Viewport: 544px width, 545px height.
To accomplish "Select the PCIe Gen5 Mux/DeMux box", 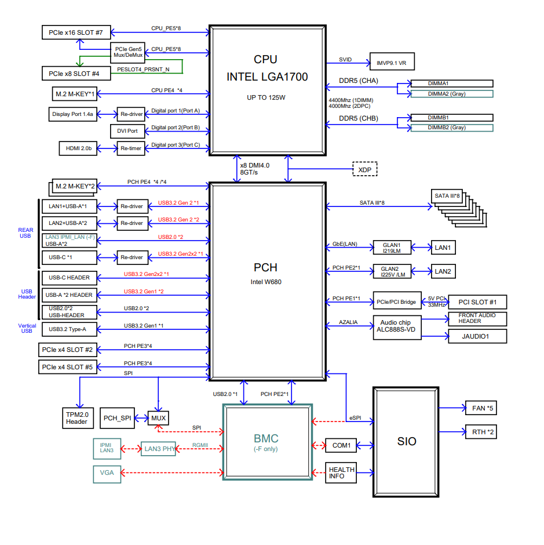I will pos(127,52).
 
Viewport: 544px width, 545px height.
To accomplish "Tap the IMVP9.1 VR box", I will pos(392,61).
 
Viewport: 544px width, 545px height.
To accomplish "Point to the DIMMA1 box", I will pos(451,84).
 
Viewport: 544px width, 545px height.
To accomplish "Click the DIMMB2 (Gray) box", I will pos(451,128).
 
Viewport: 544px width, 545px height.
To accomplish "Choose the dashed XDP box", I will pos(365,169).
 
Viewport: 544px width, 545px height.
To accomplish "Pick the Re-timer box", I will pos(130,148).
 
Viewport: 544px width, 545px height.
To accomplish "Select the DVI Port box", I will pos(127,131).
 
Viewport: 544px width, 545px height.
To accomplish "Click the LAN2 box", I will pos(443,271).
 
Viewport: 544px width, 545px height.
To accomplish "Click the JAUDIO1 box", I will pos(477,336).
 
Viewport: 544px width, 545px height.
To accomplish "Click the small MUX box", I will pos(158,417).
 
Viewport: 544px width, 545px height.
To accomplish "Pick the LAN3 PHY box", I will pos(158,448).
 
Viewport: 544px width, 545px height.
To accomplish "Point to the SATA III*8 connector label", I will pos(447,196).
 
